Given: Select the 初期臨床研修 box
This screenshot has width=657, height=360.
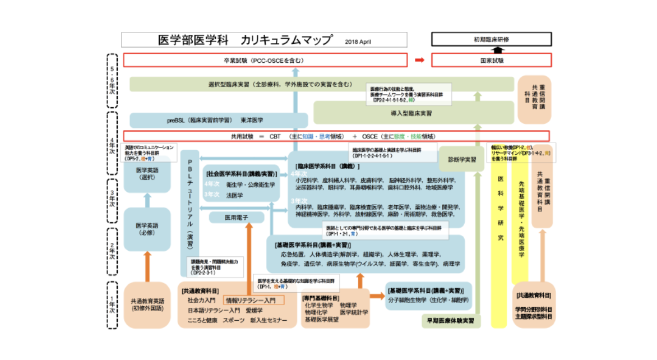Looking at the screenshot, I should [x=491, y=40].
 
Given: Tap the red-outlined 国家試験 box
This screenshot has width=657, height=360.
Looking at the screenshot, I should [x=491, y=60].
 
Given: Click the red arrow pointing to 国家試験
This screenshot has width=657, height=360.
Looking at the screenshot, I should [x=419, y=60].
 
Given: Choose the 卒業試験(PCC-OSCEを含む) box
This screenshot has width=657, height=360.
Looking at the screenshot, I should [x=265, y=60].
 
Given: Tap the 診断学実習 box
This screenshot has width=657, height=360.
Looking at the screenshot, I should [x=461, y=159].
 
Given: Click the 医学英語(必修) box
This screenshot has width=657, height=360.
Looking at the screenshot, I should [x=147, y=229].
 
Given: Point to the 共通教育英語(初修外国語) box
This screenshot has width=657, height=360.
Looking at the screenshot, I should [x=147, y=304].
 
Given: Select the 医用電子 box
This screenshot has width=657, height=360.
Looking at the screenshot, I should [x=236, y=216].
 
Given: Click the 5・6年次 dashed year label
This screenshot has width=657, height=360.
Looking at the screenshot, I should [x=112, y=80].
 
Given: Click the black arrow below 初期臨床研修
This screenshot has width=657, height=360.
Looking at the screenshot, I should [x=491, y=50].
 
